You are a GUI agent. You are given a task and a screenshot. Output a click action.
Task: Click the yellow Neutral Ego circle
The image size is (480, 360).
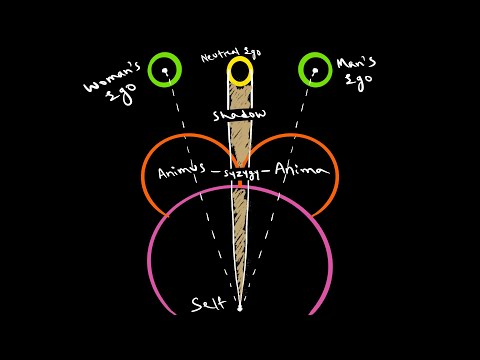(x=240, y=71)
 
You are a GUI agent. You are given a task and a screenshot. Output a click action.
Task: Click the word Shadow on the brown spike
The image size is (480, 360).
(x=240, y=116)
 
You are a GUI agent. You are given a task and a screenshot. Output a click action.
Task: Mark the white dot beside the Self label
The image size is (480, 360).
(x=239, y=307)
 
